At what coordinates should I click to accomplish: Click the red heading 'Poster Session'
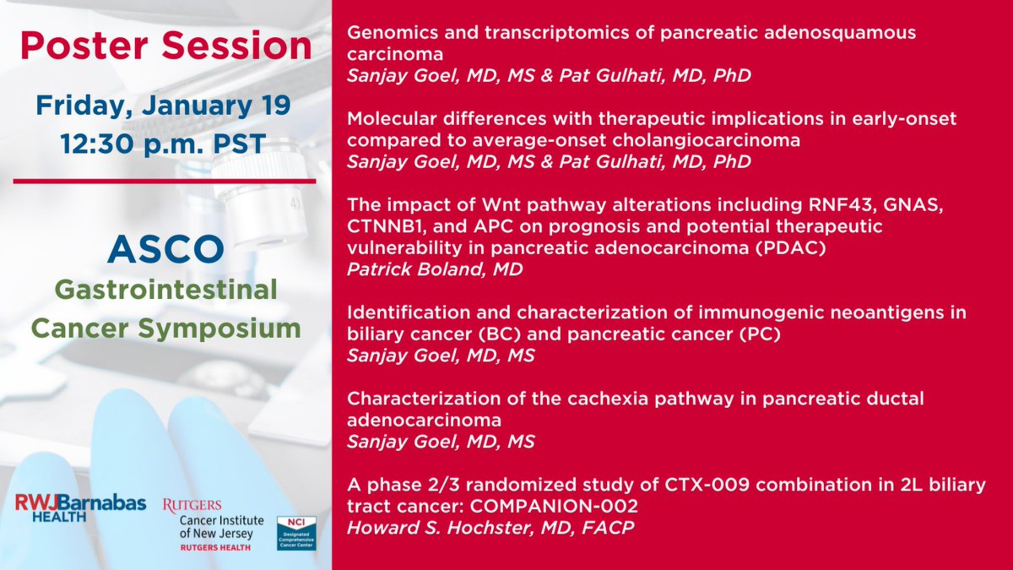[x=166, y=46]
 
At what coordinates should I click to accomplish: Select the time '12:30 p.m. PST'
[x=163, y=144]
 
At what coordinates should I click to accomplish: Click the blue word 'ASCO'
[x=166, y=249]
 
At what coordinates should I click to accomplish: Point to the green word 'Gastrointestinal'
[x=166, y=290]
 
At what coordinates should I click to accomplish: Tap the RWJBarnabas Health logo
[x=81, y=508]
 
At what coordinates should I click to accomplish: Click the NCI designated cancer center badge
[x=296, y=533]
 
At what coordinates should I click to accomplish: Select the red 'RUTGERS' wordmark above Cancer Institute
[x=192, y=505]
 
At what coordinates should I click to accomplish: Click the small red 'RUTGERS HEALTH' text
[x=215, y=548]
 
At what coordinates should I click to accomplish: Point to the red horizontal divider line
[x=164, y=181]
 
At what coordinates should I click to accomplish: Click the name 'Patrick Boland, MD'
[x=435, y=269]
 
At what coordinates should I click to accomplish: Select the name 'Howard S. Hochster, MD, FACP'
[x=491, y=528]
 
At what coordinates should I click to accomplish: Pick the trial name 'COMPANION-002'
[x=554, y=506]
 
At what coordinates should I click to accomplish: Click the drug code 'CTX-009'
[x=707, y=485]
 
